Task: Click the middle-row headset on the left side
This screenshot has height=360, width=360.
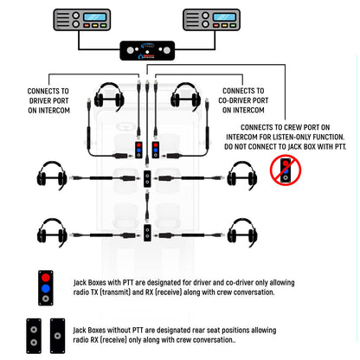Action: (51, 178)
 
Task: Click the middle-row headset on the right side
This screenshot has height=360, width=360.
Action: (243, 178)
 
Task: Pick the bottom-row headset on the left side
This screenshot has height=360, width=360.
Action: (51, 231)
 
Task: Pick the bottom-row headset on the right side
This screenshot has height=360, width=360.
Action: (243, 231)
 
